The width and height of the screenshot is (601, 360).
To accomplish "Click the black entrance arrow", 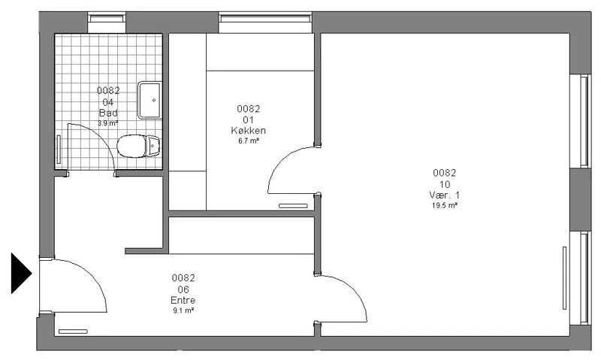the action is (21, 273).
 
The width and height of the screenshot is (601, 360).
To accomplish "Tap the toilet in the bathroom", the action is (137, 146).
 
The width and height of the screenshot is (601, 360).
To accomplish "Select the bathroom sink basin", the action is (149, 100).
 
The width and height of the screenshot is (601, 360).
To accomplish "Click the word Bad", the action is (108, 113).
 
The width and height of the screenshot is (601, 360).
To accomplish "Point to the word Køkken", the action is (249, 130).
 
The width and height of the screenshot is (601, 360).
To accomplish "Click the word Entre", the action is (183, 300).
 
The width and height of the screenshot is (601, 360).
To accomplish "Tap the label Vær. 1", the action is (444, 195).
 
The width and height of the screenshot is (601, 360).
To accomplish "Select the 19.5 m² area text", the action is (445, 205).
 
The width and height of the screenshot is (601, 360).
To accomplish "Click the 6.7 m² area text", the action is (249, 141).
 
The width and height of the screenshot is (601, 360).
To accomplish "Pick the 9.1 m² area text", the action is (183, 310).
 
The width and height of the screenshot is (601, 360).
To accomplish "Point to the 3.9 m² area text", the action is (107, 123).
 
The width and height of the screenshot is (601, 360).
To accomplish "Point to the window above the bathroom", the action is (107, 18).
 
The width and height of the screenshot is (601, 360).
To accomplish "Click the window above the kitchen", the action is (265, 18).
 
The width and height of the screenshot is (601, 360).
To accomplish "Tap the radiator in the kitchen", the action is (293, 206).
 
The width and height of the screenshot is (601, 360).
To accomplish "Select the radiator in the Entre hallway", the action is (73, 331).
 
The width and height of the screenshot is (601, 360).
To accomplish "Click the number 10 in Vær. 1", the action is (445, 184).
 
